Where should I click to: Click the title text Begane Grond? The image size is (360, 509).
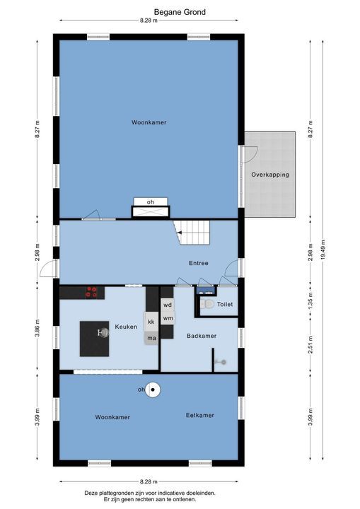click(180, 12)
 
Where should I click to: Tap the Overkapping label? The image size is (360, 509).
click(269, 174)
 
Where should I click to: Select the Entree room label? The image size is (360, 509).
click(198, 263)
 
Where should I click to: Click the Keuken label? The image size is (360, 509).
click(126, 327)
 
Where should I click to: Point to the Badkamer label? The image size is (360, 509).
click(201, 336)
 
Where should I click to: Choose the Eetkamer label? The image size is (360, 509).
click(199, 415)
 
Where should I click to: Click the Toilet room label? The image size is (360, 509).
click(225, 305)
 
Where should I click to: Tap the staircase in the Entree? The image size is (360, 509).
click(193, 232)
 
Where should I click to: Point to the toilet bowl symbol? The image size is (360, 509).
click(207, 305)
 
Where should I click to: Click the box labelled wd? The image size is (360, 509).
click(168, 305)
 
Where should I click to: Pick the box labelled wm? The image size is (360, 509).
click(168, 318)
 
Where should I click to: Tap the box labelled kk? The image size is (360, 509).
click(151, 322)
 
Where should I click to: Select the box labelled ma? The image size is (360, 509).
click(151, 339)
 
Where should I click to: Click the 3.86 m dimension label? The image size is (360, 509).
click(37, 329)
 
